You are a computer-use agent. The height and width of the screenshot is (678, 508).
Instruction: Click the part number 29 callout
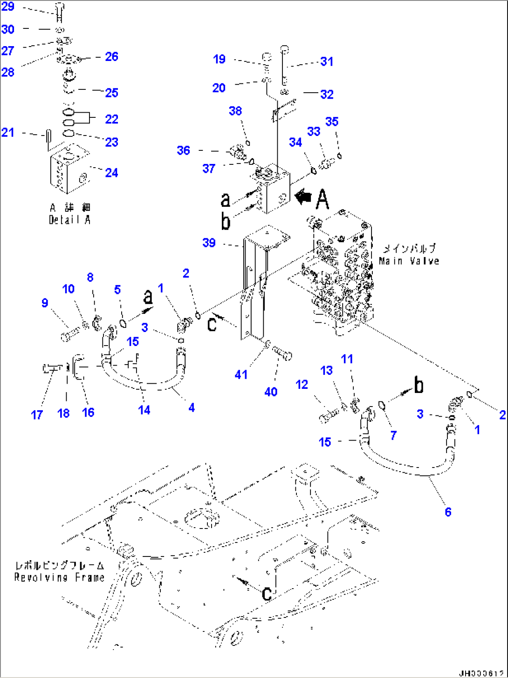8,7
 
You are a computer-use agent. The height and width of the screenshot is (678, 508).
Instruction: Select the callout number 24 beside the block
111,173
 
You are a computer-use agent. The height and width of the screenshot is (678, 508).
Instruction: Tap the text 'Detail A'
69,220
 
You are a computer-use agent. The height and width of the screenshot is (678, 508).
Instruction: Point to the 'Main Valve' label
409,261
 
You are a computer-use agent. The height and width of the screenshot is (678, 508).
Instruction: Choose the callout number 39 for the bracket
209,243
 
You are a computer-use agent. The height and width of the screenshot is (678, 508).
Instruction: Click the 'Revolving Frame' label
59,577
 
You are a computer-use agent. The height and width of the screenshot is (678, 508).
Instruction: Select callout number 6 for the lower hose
448,512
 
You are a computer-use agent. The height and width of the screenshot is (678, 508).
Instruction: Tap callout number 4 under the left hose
191,407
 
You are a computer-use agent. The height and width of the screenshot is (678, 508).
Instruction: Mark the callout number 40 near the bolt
271,392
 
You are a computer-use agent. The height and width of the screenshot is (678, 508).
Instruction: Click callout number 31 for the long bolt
327,61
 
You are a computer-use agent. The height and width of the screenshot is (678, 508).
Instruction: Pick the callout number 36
183,150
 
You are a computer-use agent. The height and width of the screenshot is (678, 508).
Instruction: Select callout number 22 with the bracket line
111,119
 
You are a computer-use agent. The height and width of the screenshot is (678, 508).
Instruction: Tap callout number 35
331,122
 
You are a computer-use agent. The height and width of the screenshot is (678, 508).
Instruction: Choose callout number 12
302,385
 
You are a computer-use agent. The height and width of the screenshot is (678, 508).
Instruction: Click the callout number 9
45,303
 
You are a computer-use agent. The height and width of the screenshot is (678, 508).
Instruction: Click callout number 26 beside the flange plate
111,57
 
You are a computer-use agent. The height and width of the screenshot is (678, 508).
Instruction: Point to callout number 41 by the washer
241,374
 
